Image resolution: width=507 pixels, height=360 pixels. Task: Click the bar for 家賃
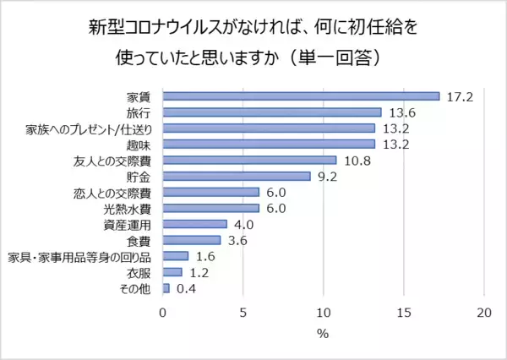301,95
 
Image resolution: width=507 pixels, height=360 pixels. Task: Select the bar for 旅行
272,112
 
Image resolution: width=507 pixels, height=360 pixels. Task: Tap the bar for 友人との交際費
249,160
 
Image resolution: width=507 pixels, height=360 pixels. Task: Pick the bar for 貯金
237,176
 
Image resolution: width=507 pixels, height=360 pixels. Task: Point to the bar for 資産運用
194,224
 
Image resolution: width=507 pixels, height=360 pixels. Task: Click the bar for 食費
191,240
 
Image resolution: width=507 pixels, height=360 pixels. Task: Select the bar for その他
166,288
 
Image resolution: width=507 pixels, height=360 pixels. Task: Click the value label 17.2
460,95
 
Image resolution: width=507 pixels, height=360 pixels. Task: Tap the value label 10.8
357,160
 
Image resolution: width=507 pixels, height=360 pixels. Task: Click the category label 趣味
139,144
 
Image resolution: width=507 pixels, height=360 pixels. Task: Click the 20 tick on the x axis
484,311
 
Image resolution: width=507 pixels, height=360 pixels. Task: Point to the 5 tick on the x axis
243,311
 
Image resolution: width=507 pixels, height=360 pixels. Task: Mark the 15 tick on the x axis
404,311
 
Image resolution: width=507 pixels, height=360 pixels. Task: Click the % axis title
323,333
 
